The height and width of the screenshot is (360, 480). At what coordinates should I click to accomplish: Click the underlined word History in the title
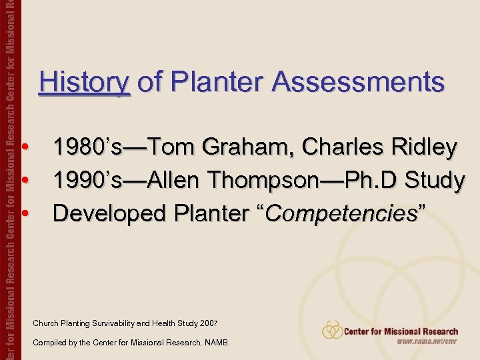click(x=84, y=83)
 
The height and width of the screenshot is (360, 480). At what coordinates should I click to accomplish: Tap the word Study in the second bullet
click(x=434, y=180)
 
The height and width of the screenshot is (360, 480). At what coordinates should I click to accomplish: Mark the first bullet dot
click(x=24, y=147)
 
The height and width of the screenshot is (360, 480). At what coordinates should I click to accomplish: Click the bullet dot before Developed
click(x=24, y=213)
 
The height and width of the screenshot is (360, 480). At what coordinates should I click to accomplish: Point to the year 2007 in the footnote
click(x=208, y=324)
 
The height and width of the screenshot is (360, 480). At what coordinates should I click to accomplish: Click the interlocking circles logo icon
click(x=332, y=330)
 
